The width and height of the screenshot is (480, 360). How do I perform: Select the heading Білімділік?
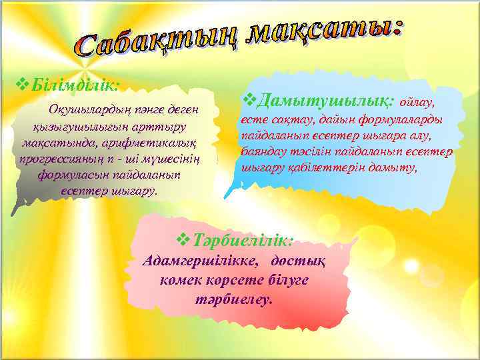coord(73,85)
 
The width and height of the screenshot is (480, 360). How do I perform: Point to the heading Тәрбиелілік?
coord(243,239)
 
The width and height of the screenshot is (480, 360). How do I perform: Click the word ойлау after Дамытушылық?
coord(417,103)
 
